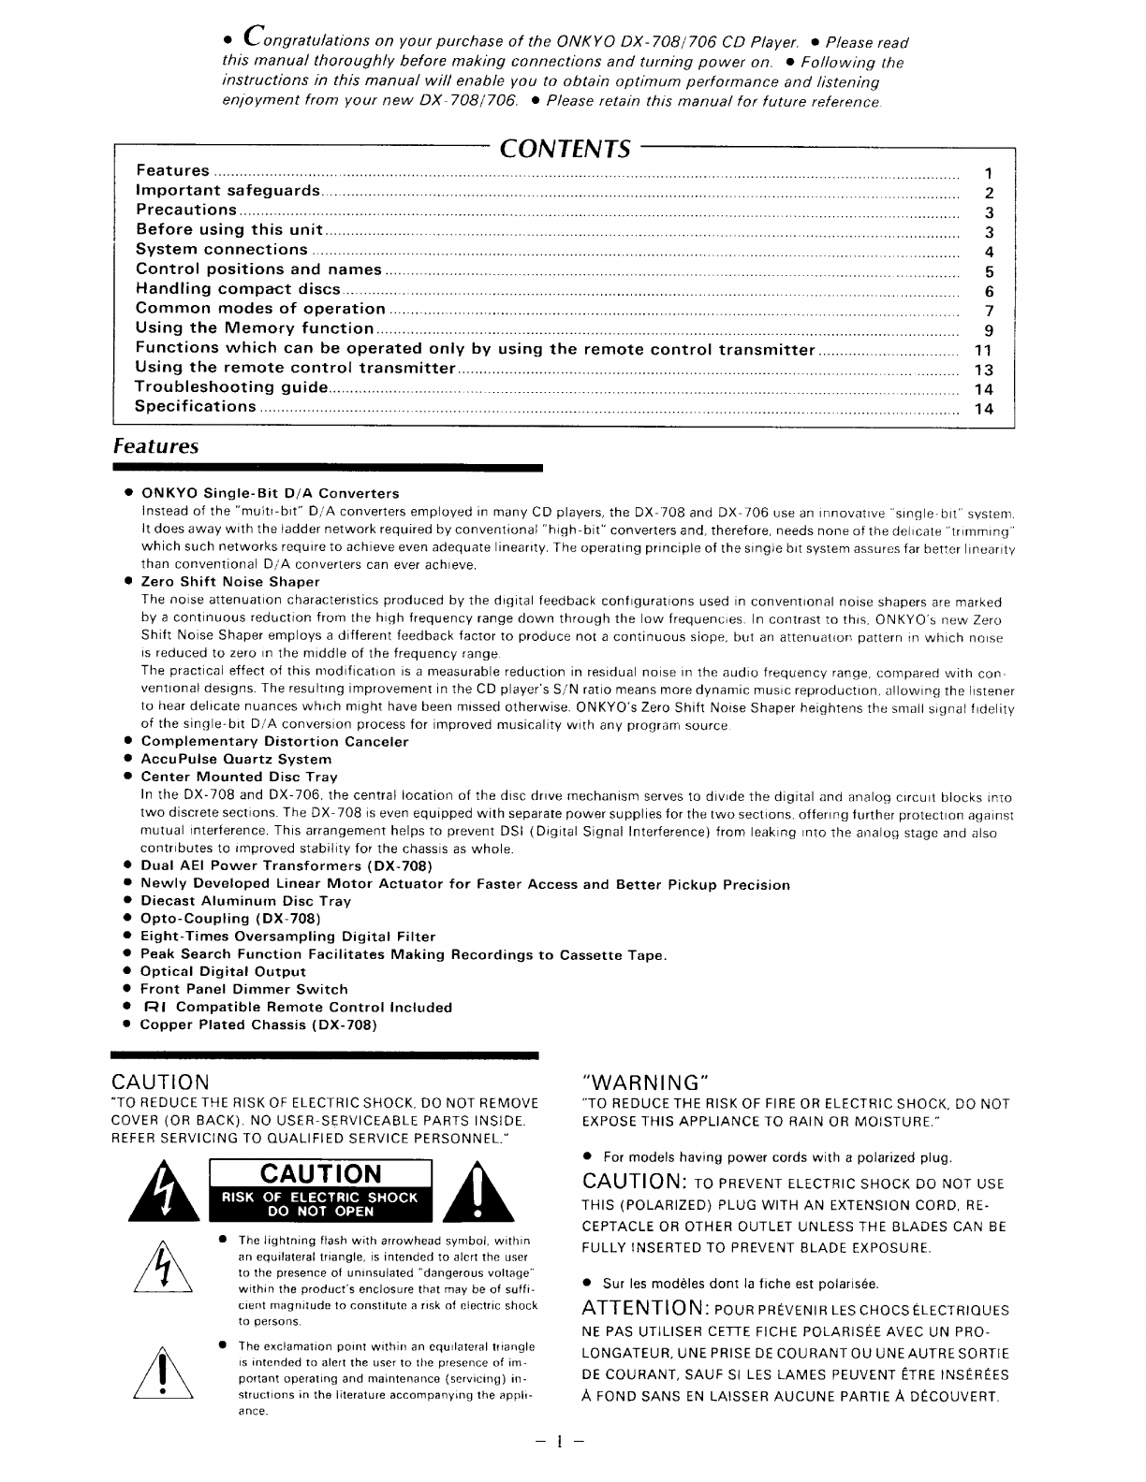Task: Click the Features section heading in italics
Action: (155, 446)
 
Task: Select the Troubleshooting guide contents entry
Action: (231, 387)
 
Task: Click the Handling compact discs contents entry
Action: (238, 289)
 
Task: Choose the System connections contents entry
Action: (222, 250)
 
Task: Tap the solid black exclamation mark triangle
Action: (478, 1192)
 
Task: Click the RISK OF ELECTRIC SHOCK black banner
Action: (320, 1203)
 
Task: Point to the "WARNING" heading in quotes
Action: (646, 1082)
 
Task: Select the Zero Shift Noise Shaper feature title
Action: (230, 582)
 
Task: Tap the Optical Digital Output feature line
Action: (223, 971)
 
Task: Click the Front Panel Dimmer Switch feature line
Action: (243, 989)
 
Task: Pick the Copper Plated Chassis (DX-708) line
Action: (258, 1024)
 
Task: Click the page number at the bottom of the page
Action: (559, 1441)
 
